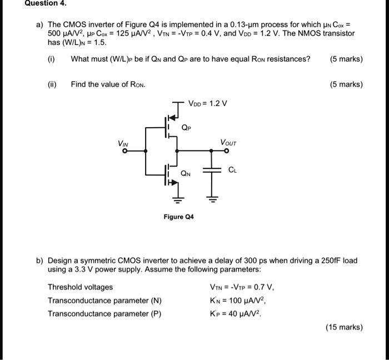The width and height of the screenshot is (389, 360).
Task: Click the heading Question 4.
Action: pyautogui.click(x=47, y=3)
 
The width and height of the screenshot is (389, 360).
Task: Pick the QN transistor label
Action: pyautogui.click(x=185, y=173)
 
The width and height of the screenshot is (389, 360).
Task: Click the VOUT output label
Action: pyautogui.click(x=228, y=143)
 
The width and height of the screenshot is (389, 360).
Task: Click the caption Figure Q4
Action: pyautogui.click(x=178, y=217)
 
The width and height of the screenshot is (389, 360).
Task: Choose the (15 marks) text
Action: pyautogui.click(x=345, y=327)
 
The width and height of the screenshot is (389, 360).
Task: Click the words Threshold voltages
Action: pyautogui.click(x=80, y=287)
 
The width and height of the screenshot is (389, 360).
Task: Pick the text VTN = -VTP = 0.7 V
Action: pyautogui.click(x=240, y=287)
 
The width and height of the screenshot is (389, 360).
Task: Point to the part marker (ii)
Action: pyautogui.click(x=53, y=84)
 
